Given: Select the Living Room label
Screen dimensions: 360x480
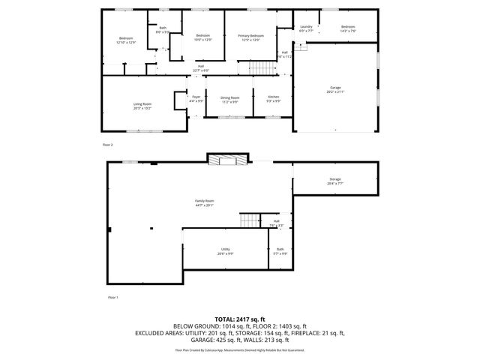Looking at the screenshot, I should pos(142,106).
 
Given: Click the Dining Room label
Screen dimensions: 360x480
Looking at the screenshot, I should pos(229,99).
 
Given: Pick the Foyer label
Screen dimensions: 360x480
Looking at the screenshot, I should pos(196,98).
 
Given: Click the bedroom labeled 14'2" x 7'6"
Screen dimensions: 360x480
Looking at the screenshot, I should pos(347,28).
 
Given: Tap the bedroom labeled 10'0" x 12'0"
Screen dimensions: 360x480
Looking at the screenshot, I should pos(204,37).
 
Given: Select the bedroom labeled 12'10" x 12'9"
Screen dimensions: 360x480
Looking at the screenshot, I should pos(126,40).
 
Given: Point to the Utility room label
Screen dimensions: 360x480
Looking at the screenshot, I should pos(225,250).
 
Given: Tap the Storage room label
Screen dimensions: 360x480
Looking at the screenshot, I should pos(334,180).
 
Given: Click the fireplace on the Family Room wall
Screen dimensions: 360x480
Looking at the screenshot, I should pos(226,159).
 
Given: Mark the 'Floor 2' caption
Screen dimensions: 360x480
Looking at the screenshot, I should pos(107,143).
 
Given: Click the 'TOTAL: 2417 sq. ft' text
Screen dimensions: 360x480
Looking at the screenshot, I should pos(240,319).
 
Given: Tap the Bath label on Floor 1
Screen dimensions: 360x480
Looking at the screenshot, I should pos(280,250).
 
